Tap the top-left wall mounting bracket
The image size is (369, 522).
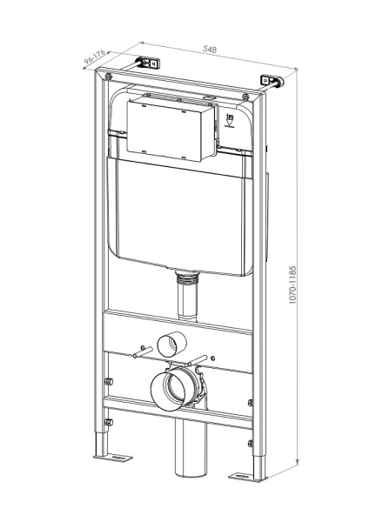point(147,64)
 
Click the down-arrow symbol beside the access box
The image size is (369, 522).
point(230,124)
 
